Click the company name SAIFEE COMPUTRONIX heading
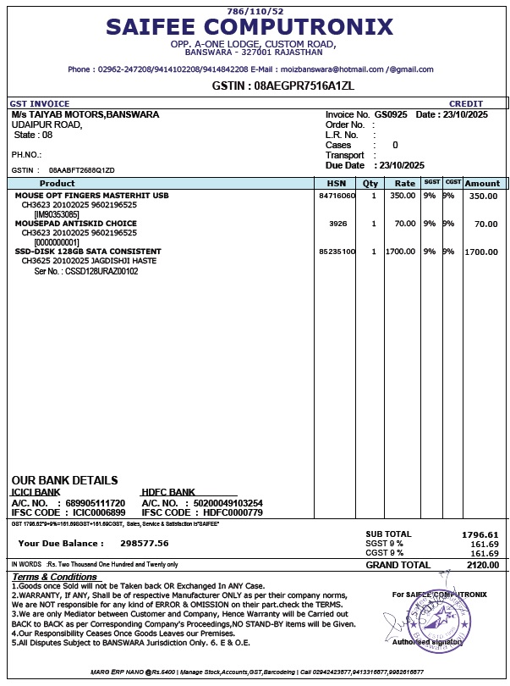pos(250,27)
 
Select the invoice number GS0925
pos(391,114)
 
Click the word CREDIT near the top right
pos(466,104)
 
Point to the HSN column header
pos(337,183)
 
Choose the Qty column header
pos(370,183)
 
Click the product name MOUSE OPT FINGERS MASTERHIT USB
pos(92,196)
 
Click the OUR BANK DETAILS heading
pos(64,480)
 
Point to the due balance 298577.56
pos(145,543)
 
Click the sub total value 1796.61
pos(480,534)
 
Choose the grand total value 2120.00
pos(482,565)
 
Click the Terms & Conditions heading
pos(54,577)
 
